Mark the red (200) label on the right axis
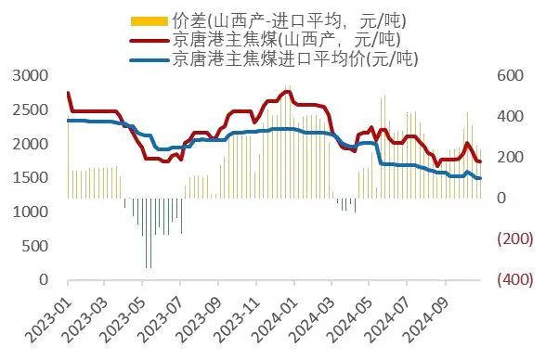tap(513, 239)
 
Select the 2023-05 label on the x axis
tap(121, 319)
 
